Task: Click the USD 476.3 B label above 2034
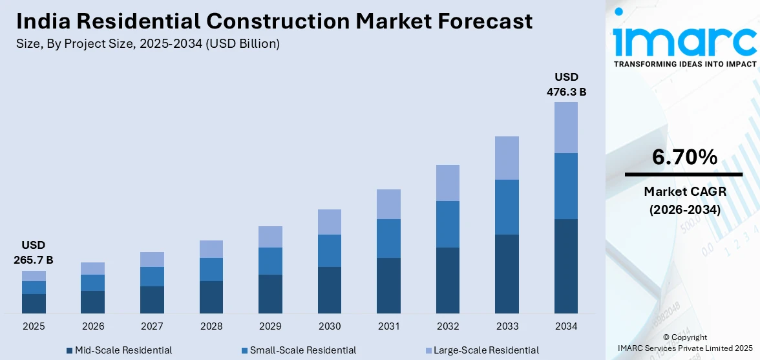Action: (566, 85)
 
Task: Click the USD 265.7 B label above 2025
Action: (34, 253)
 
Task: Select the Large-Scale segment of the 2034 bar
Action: (566, 127)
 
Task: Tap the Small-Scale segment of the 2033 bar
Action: (507, 207)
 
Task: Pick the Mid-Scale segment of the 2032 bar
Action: (448, 281)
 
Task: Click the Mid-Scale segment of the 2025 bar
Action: (34, 304)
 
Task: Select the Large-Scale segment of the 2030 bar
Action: (330, 222)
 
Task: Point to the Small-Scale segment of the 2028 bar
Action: (211, 270)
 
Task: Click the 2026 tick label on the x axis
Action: (92, 326)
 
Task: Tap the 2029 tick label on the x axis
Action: (270, 326)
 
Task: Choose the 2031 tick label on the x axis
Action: (388, 326)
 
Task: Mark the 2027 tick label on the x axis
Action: (152, 326)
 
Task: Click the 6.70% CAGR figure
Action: (684, 157)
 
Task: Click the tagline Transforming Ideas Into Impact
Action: (684, 64)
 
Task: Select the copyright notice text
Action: (684, 343)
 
